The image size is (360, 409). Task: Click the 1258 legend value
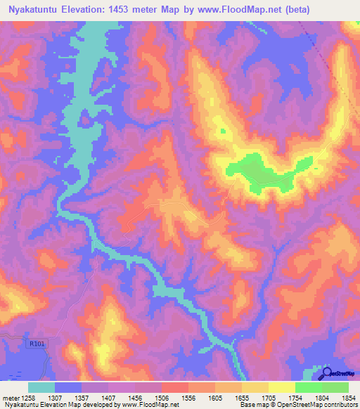[x=28, y=397]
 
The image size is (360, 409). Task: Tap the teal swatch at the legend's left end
[x=41, y=387]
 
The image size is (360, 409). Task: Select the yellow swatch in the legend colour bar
[x=281, y=387]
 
